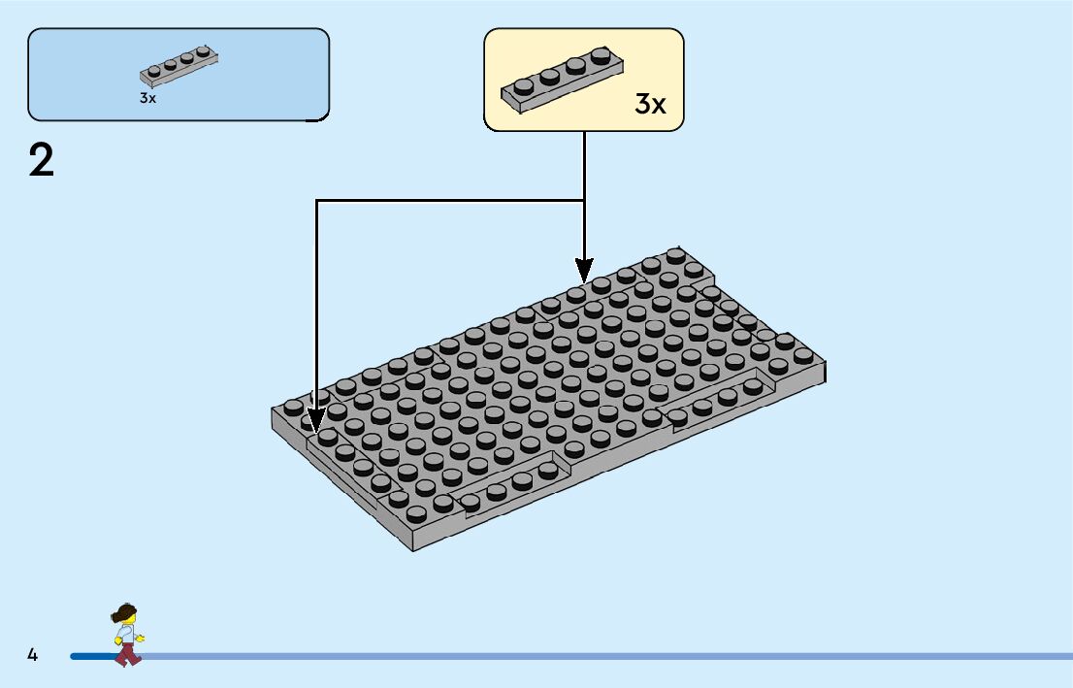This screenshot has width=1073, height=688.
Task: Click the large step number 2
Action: (x=42, y=160)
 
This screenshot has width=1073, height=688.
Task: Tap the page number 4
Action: (x=32, y=655)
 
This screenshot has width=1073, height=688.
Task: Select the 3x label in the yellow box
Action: (x=650, y=104)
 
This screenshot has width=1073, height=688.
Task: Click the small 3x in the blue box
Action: (x=147, y=98)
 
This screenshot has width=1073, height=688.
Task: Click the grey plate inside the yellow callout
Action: (x=562, y=80)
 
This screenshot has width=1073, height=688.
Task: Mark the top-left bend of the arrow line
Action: (x=316, y=201)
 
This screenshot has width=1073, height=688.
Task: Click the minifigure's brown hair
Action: (x=124, y=614)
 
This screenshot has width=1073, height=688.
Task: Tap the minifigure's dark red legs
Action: (x=127, y=654)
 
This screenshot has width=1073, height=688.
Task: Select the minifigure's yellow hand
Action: (x=141, y=638)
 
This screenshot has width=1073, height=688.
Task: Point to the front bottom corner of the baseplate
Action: (x=414, y=549)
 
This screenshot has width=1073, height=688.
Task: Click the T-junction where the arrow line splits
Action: (x=583, y=201)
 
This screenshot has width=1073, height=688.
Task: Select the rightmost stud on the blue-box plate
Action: (x=203, y=51)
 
